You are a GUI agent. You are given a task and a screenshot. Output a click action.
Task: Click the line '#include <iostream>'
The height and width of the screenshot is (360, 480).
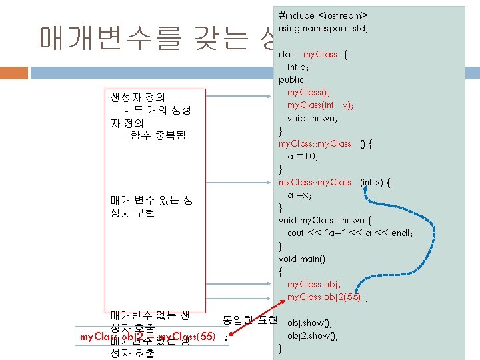click(x=323, y=15)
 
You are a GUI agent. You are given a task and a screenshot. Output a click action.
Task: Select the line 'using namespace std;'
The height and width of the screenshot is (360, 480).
click(x=323, y=28)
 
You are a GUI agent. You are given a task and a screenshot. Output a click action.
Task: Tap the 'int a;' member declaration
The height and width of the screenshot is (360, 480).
click(x=297, y=67)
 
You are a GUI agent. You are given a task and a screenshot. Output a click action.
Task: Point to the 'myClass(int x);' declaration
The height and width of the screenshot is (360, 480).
click(x=320, y=105)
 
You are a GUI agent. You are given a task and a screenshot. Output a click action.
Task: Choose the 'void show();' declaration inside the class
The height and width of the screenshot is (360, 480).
click(x=317, y=118)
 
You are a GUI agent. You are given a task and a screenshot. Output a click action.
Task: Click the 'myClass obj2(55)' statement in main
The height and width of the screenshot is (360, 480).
click(x=324, y=297)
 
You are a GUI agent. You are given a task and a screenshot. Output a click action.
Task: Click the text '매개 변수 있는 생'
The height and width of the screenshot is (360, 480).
click(x=151, y=200)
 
